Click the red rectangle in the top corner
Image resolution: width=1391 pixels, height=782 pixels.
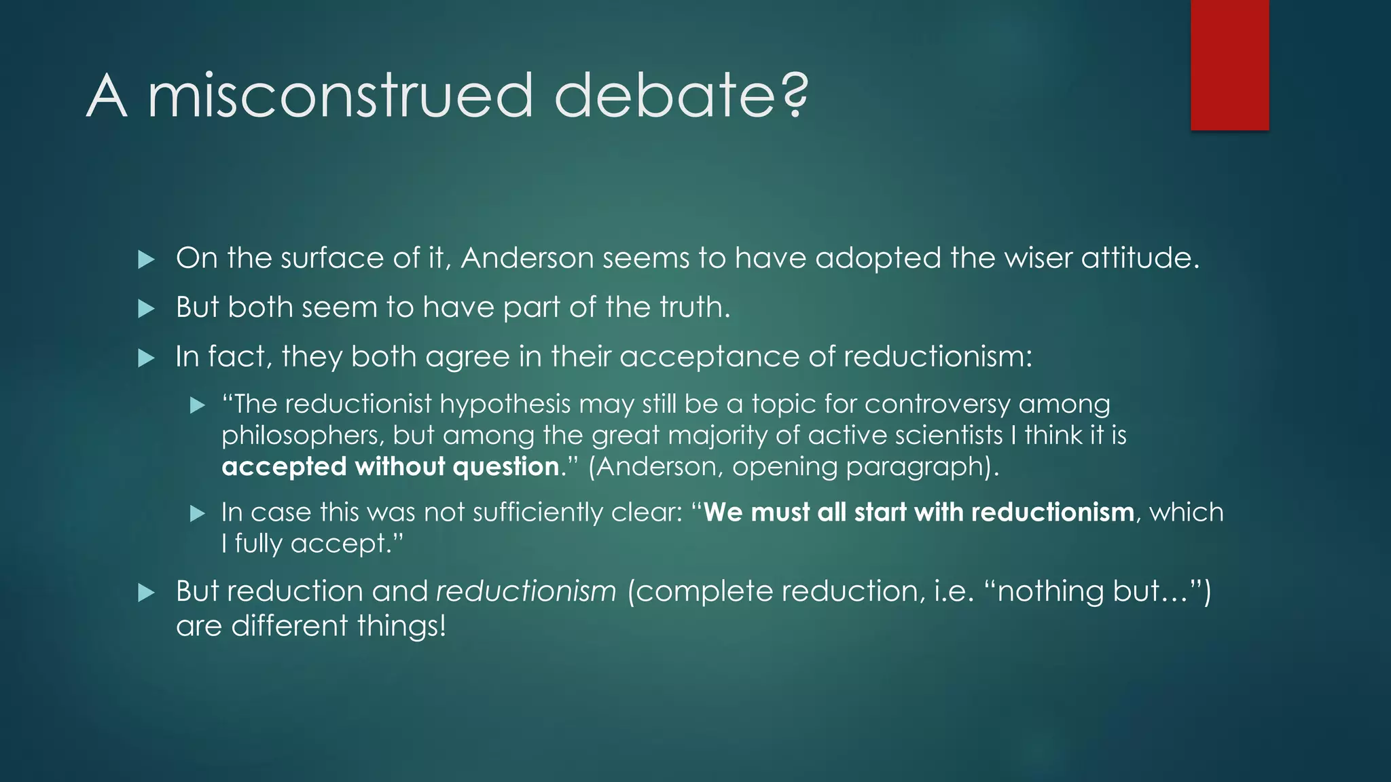[x=1229, y=65]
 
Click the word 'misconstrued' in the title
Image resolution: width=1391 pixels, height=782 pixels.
[x=340, y=96]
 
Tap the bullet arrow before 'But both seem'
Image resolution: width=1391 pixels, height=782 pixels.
[x=146, y=309]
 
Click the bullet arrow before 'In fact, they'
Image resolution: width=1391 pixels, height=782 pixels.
[x=146, y=358]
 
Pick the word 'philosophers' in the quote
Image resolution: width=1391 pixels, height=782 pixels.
[x=302, y=436]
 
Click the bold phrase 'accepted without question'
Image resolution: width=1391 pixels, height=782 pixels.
[x=390, y=467]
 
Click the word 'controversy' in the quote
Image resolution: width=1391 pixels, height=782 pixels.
[x=937, y=405]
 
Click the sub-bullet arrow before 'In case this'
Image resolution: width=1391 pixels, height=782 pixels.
[x=197, y=514]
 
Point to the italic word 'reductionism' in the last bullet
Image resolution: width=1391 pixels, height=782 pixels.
[x=526, y=591]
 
